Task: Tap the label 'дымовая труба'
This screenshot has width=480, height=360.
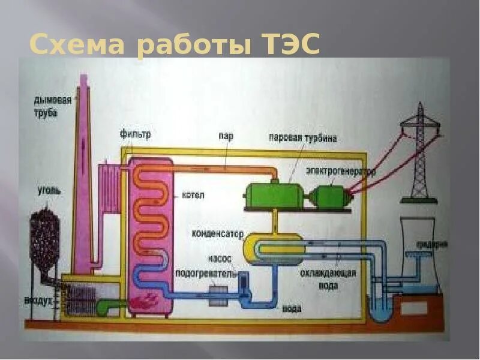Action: [x=53, y=106]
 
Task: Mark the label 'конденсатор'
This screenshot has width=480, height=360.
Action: [x=218, y=232]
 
